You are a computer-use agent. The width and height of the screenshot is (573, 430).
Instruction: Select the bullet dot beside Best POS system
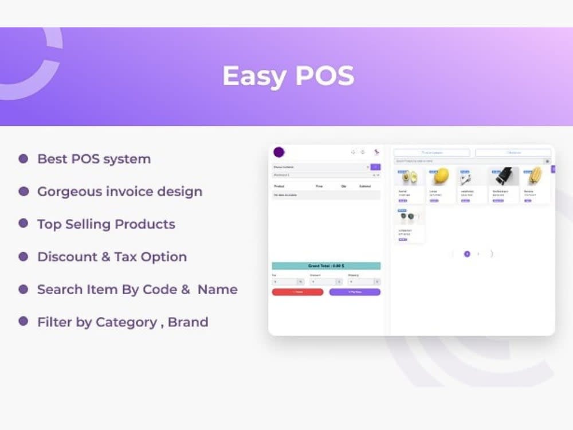23,159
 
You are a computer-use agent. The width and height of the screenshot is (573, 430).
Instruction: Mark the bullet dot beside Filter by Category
23,322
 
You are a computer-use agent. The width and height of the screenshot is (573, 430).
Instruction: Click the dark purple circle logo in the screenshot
279,153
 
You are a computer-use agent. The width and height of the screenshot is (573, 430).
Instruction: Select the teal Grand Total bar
326,266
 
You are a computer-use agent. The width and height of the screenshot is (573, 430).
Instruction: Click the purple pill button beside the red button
355,292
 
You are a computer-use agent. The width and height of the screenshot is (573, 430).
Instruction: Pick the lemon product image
441,177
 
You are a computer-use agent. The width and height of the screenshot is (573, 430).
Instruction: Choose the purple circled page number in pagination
467,253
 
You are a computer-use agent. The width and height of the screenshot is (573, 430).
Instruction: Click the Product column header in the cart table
280,186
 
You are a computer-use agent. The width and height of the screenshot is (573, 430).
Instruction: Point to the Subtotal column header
365,186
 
